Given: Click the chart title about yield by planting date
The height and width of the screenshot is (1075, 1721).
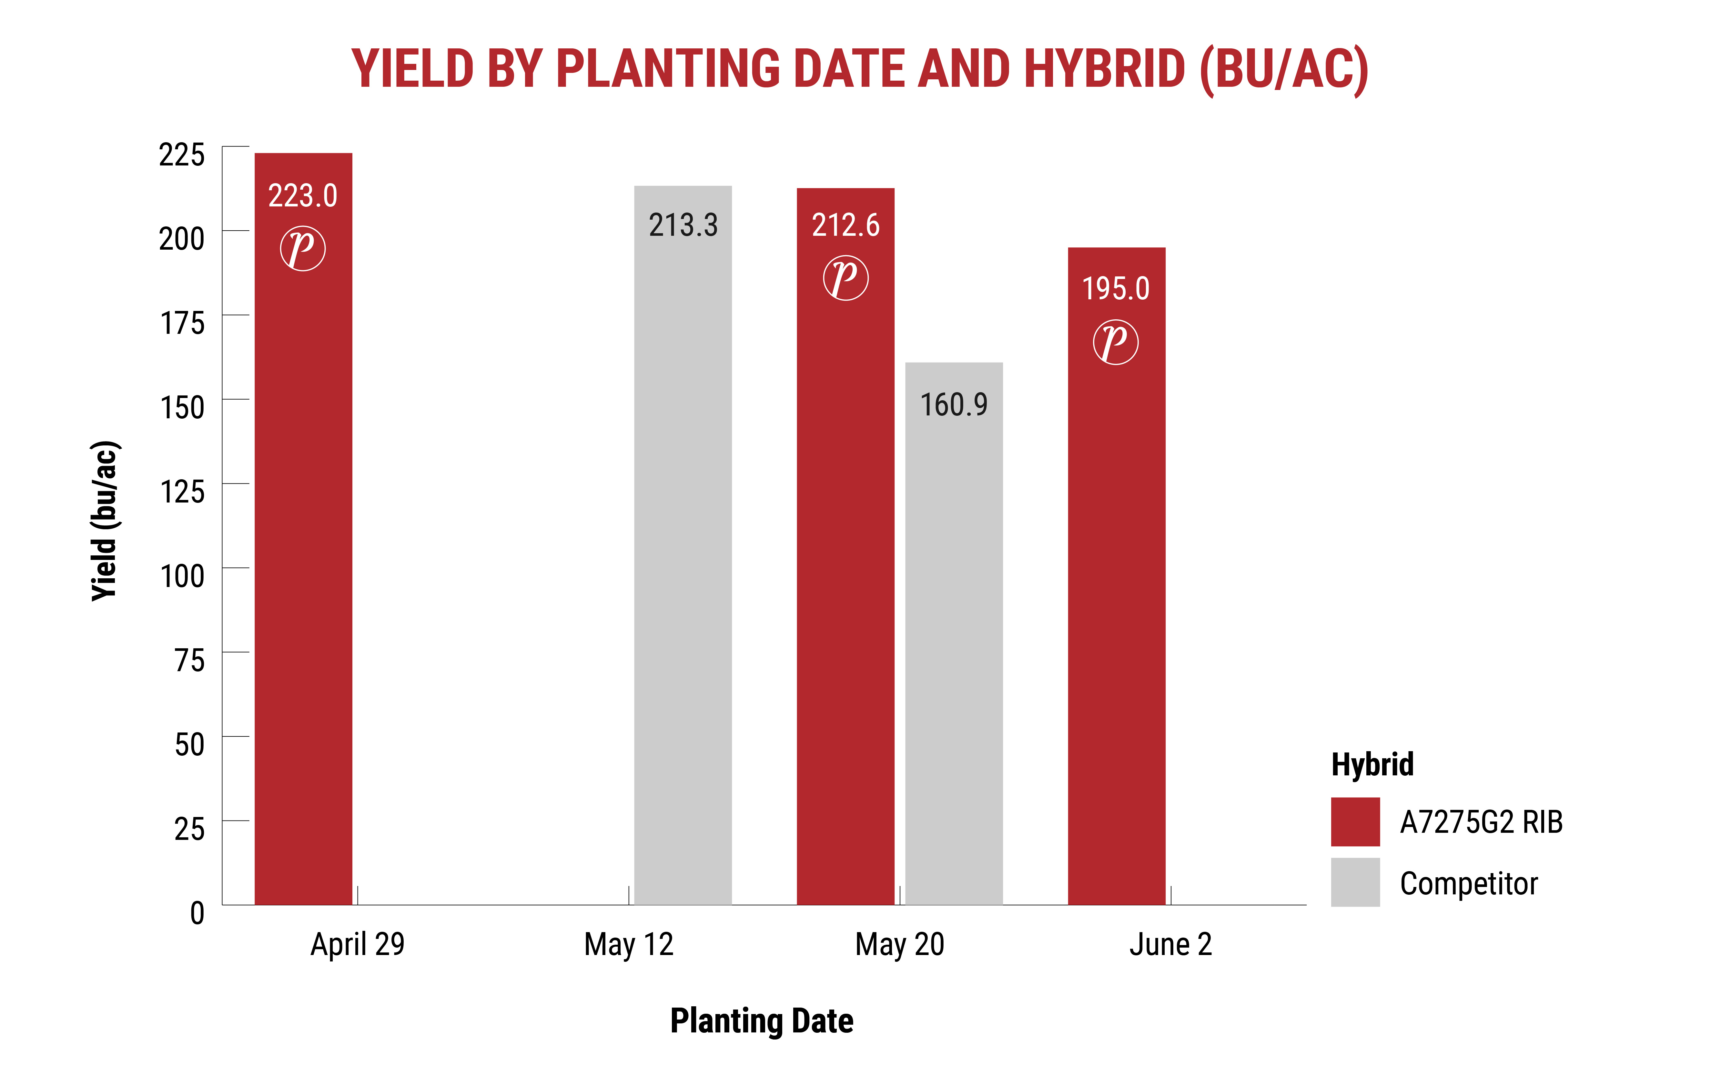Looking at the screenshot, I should click(860, 69).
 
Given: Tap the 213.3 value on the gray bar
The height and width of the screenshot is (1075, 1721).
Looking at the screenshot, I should click(683, 225).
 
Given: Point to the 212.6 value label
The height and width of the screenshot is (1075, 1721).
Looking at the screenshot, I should click(845, 225).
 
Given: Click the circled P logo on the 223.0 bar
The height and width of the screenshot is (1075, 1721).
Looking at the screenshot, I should click(303, 248).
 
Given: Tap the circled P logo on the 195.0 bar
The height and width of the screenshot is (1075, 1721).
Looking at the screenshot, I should click(1116, 342).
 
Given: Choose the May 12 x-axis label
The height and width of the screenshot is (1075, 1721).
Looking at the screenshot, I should click(629, 944).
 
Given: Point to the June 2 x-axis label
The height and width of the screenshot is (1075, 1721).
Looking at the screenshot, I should click(1170, 944).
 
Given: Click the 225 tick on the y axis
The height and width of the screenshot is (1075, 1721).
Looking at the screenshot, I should click(182, 155).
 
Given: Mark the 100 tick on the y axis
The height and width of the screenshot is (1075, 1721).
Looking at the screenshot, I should click(182, 576).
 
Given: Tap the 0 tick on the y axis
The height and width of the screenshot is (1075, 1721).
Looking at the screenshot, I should click(197, 913).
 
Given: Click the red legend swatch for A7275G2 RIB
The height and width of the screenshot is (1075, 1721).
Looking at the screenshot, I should click(1355, 822).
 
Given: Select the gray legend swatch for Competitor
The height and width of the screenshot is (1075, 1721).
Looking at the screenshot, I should click(1355, 882).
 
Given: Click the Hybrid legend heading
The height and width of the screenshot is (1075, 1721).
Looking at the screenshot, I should click(1372, 764).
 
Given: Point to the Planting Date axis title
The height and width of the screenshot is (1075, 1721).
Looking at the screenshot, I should click(762, 1021).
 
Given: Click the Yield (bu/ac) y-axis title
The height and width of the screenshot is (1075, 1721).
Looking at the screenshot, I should click(105, 521).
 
